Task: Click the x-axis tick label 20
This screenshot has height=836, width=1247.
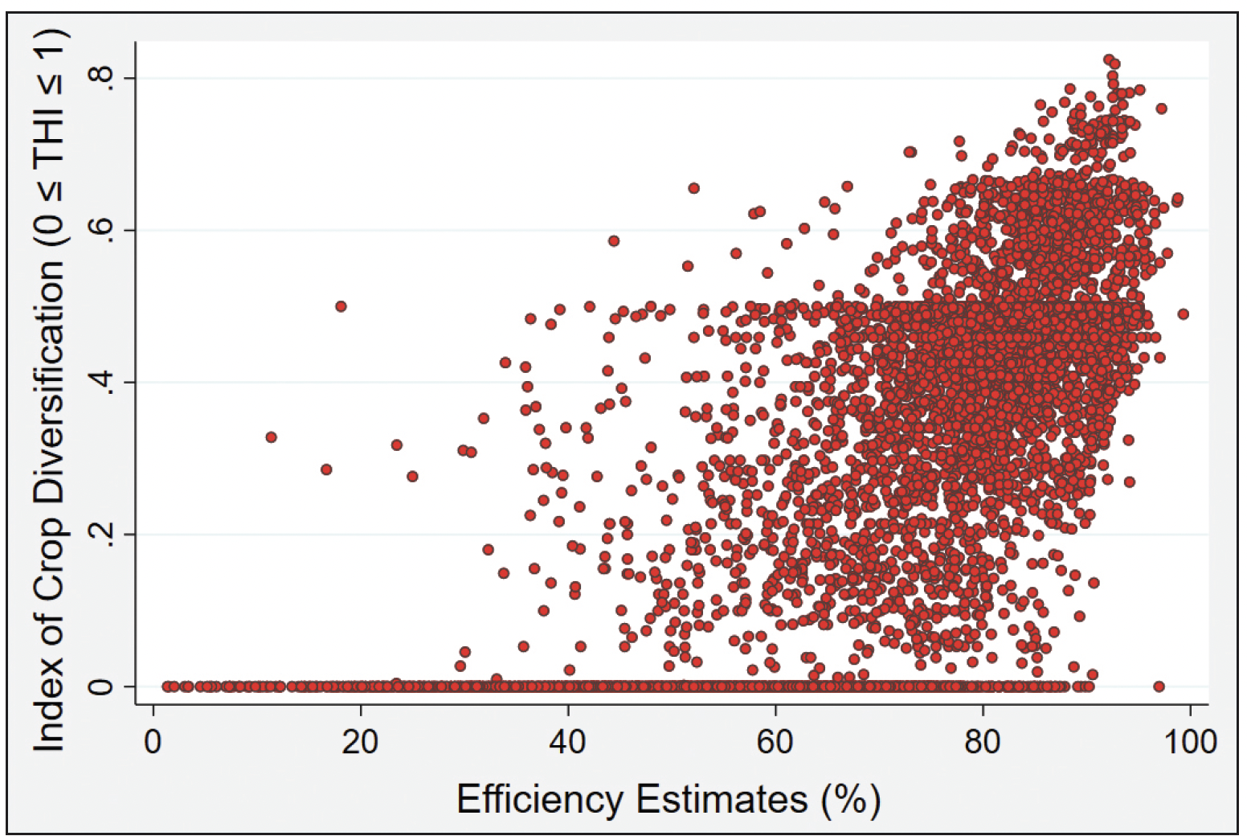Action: pyautogui.click(x=360, y=742)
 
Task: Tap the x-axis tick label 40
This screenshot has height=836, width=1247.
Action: pyautogui.click(x=568, y=742)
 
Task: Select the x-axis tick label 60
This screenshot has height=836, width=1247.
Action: pyautogui.click(x=775, y=742)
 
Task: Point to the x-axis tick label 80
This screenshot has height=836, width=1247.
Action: pyautogui.click(x=983, y=742)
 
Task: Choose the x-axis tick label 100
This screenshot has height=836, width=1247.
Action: pyautogui.click(x=1190, y=742)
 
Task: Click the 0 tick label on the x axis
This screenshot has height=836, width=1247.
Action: pyautogui.click(x=153, y=742)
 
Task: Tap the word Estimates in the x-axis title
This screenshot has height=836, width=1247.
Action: pyautogui.click(x=722, y=800)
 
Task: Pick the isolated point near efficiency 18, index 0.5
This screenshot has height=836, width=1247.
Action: pyautogui.click(x=341, y=306)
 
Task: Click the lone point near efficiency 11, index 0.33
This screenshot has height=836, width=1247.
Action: pyautogui.click(x=271, y=437)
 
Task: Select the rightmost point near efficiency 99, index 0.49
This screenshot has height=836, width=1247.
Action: pyautogui.click(x=1183, y=314)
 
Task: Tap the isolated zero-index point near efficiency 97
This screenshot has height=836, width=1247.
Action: pyautogui.click(x=1159, y=686)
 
